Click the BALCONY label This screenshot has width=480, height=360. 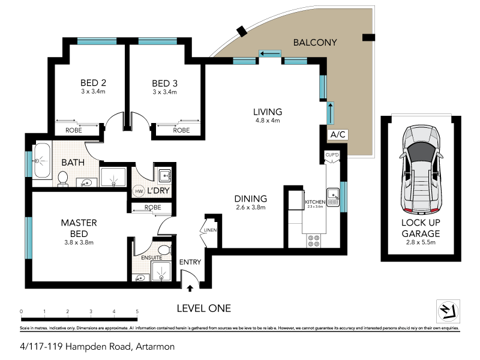[315, 43]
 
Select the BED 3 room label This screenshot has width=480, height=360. [164, 83]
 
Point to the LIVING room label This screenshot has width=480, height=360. [267, 112]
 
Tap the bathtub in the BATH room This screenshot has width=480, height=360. [42, 161]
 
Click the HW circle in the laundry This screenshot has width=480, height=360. [139, 191]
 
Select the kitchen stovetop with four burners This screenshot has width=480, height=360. [313, 240]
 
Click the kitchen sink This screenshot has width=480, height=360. [334, 194]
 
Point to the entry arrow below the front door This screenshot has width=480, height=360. [190, 289]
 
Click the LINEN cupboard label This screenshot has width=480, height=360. [210, 230]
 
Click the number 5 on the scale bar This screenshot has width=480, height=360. [137, 311]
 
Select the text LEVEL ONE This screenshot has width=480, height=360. [203, 308]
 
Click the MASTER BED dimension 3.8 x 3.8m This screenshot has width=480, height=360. [79, 242]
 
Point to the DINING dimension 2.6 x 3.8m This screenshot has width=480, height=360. [251, 208]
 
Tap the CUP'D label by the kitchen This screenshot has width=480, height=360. [332, 155]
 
